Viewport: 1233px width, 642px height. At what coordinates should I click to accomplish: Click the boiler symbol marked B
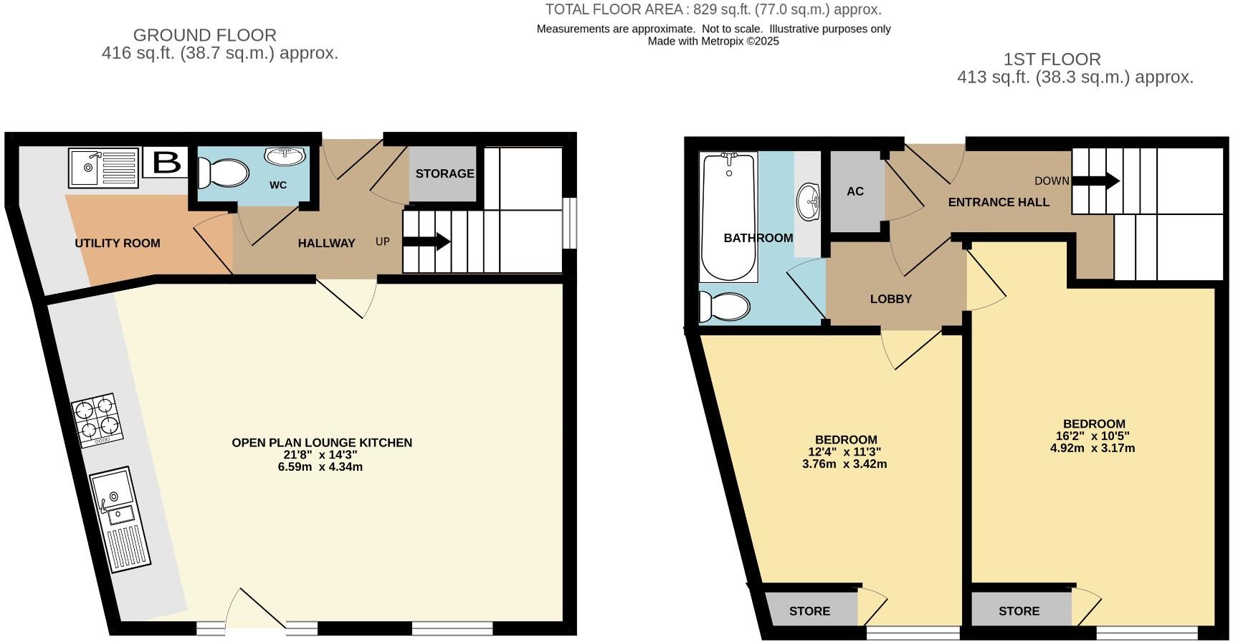tap(166, 163)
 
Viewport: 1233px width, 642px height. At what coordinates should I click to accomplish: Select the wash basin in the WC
tap(285, 156)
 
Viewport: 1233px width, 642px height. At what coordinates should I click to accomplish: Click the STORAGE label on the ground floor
tap(444, 173)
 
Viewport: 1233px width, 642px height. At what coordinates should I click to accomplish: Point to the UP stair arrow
tap(427, 242)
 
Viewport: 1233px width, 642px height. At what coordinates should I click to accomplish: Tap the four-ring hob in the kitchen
tap(97, 419)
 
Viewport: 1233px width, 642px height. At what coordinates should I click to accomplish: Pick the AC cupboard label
tap(855, 191)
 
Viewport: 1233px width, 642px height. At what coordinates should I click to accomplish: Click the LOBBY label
tap(891, 300)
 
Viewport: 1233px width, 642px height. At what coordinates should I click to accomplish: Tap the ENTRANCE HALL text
tap(999, 203)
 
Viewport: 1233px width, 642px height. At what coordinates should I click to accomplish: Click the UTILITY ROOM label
tap(118, 244)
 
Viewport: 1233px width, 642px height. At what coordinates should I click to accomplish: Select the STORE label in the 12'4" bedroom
tap(809, 611)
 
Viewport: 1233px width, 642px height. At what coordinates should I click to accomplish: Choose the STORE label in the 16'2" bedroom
tap(1019, 611)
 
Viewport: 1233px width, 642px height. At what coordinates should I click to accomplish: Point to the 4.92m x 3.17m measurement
tap(1092, 449)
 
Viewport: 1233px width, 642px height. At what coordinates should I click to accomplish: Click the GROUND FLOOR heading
tap(205, 35)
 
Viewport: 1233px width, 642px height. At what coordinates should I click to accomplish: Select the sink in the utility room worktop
tap(103, 166)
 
